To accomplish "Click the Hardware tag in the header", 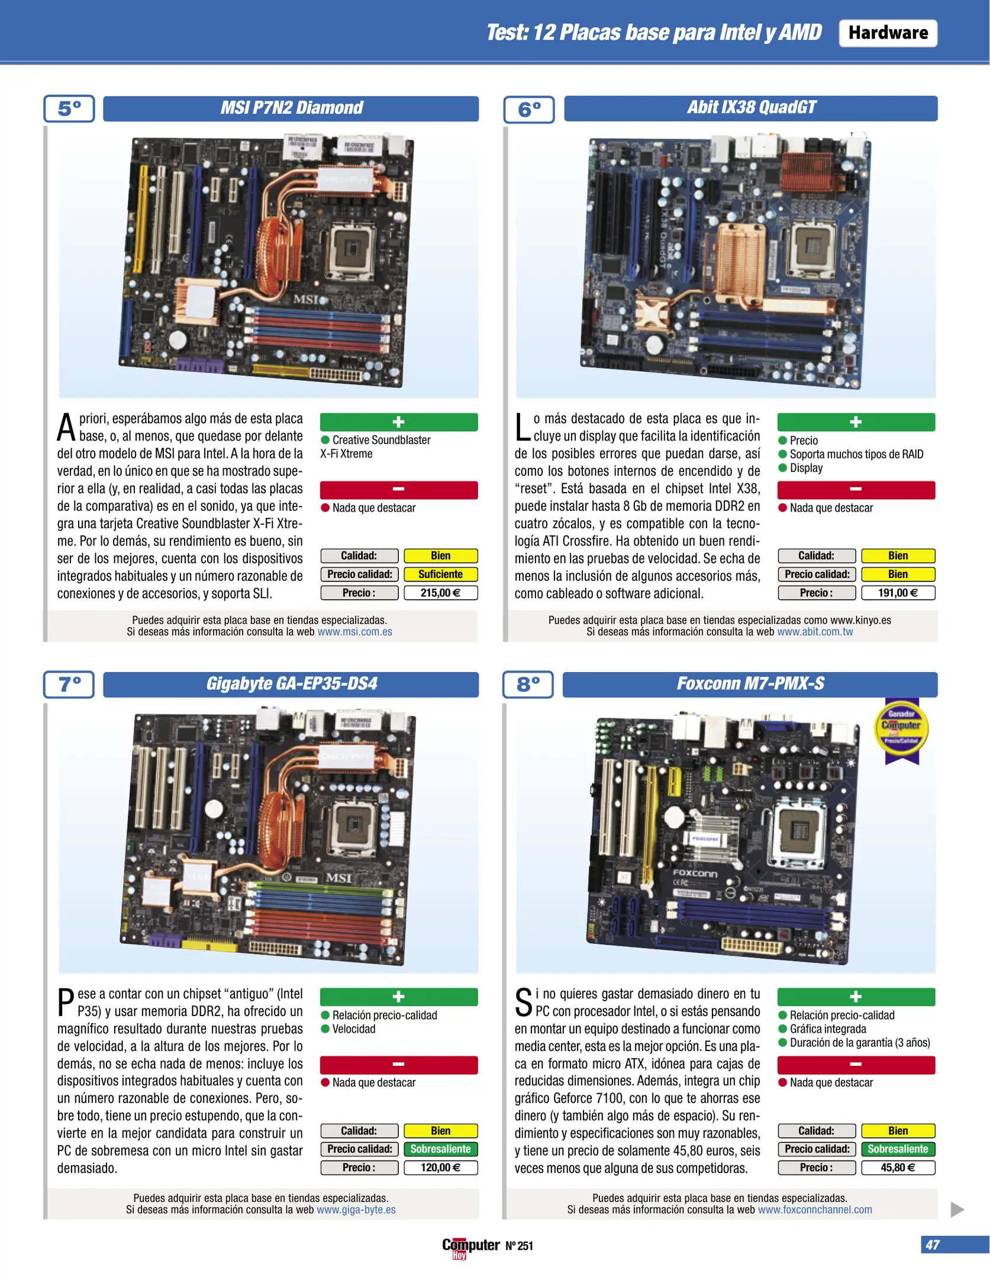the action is [x=888, y=33].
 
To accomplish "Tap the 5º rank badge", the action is [x=69, y=108].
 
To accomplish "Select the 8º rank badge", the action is [x=528, y=684].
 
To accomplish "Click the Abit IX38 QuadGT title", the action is [x=751, y=108].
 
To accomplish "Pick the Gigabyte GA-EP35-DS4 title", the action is [x=291, y=684].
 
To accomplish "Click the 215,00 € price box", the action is [x=441, y=593].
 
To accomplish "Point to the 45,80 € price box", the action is [x=898, y=1168].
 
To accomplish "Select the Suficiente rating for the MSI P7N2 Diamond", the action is [x=441, y=574].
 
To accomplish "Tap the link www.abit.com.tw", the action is [x=815, y=632].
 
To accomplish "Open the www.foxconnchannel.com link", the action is [x=815, y=1210].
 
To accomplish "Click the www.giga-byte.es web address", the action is [x=356, y=1210].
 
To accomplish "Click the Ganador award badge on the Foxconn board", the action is [x=901, y=730].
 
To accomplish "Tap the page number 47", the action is [x=933, y=1245].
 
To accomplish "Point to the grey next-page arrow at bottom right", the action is [x=957, y=1209].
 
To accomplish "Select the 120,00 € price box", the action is [x=441, y=1168].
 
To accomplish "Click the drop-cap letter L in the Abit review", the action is [x=523, y=427].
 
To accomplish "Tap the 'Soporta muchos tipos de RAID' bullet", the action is [x=850, y=454].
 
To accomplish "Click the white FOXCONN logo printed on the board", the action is [x=695, y=873].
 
